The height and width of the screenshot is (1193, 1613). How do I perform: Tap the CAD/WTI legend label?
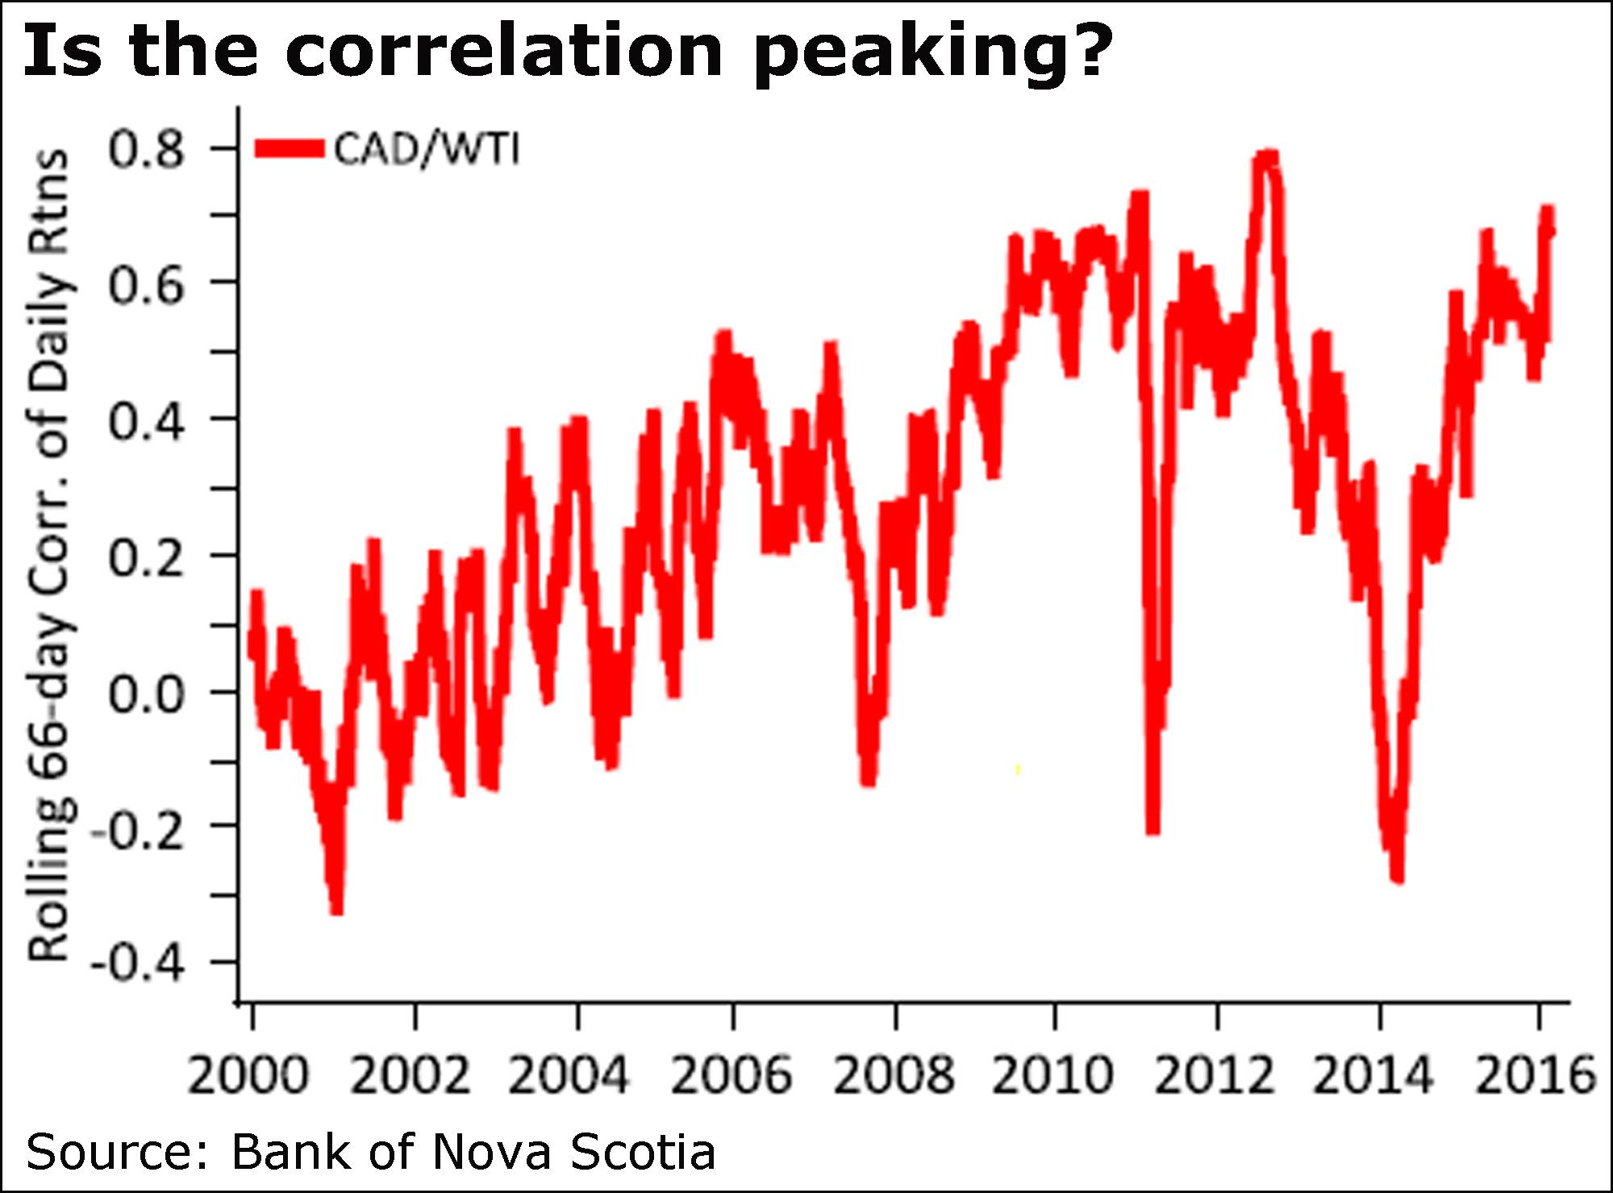(x=427, y=149)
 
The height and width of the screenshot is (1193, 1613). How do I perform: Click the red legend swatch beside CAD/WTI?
(x=289, y=149)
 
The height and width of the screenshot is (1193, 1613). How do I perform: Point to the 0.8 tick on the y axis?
(x=147, y=149)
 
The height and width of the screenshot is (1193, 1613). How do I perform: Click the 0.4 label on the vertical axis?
(x=147, y=420)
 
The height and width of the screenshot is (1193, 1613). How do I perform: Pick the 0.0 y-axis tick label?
(x=147, y=693)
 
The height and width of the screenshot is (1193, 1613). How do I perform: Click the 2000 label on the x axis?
(x=248, y=1075)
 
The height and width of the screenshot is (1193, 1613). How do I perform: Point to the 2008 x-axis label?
(x=893, y=1075)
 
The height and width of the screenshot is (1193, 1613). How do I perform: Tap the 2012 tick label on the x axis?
(x=1215, y=1075)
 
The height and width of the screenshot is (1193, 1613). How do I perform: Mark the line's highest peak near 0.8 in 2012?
(x=1266, y=156)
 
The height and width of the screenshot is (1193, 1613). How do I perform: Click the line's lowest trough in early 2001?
(x=337, y=910)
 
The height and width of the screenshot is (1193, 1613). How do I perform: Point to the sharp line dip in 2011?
(x=1152, y=829)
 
